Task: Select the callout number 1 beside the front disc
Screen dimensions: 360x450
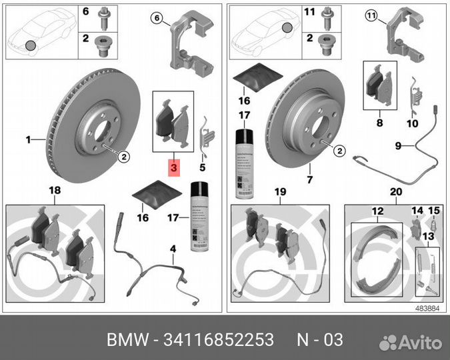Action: [x=29, y=140]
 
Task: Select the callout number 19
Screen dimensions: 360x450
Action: [x=280, y=192]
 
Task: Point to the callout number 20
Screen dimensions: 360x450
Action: [x=396, y=192]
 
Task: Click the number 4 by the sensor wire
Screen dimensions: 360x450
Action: [x=173, y=249]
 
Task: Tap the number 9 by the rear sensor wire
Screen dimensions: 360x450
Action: [x=397, y=145]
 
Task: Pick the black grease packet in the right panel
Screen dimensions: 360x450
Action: [x=254, y=78]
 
